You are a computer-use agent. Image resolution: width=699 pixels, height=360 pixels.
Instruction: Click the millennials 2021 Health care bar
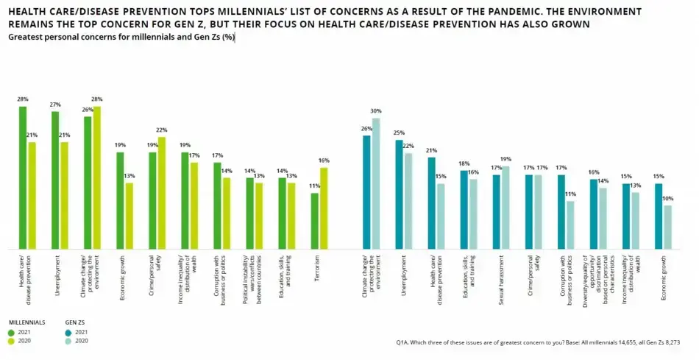23,177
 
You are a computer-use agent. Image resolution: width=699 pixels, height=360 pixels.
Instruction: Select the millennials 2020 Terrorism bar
323,208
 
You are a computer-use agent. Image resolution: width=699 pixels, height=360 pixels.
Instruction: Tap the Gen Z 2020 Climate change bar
376,183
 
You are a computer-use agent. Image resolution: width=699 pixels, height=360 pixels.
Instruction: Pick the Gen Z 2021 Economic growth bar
659,216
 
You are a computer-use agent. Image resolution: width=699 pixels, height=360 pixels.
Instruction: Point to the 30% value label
376,112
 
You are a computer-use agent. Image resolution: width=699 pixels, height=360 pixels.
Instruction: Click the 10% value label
667,199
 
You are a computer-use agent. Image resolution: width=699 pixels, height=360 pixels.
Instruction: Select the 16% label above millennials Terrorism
323,161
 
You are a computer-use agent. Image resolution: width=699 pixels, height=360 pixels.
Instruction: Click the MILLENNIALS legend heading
28,322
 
